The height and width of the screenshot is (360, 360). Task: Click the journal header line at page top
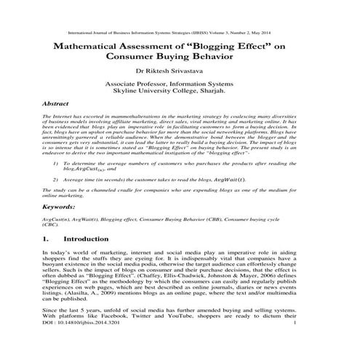[x=180, y=33]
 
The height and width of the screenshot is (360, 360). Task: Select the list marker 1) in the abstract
[x=57, y=164]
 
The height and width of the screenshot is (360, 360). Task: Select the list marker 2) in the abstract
[x=57, y=178]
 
